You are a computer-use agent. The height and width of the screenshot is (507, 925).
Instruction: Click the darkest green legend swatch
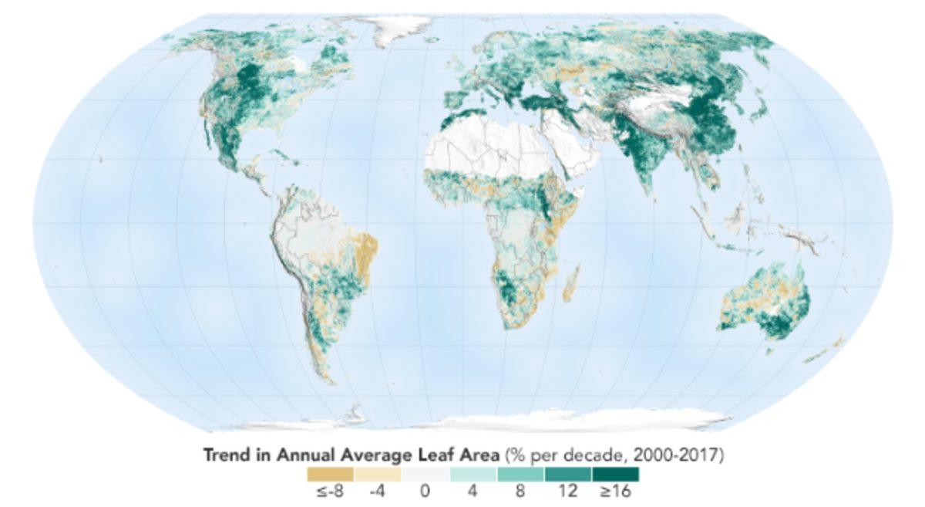click(615, 475)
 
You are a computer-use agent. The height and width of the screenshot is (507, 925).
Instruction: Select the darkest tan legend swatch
click(330, 475)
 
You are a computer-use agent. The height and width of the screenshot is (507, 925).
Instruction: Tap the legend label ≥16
click(614, 492)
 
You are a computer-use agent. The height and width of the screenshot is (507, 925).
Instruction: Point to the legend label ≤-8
click(329, 492)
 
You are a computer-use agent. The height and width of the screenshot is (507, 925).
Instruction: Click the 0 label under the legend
click(425, 492)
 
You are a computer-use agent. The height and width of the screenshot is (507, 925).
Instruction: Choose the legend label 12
click(568, 492)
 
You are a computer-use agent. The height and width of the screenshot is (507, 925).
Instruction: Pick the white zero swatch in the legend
click(425, 475)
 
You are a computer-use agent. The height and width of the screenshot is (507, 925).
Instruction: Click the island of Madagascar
click(571, 292)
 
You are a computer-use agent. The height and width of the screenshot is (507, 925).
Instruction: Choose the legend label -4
click(377, 492)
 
